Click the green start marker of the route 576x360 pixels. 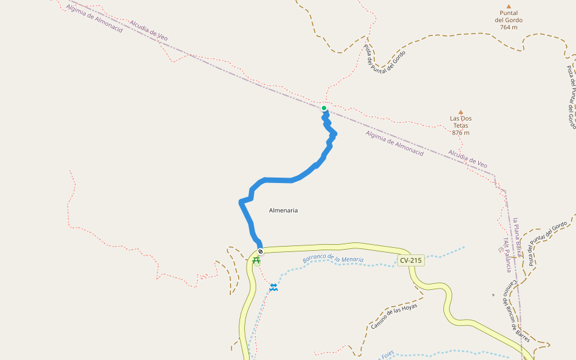(x=324, y=109)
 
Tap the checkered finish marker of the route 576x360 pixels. (x=260, y=251)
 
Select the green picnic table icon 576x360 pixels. (x=256, y=260)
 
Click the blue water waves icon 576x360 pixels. (x=274, y=287)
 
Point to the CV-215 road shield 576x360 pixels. (x=410, y=260)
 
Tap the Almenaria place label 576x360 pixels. (x=283, y=211)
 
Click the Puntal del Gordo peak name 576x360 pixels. (x=508, y=16)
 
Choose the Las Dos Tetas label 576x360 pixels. (x=461, y=122)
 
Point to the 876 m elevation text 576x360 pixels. (x=460, y=133)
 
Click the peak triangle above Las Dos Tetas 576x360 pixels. (x=461, y=112)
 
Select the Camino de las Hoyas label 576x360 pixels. (x=394, y=316)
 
